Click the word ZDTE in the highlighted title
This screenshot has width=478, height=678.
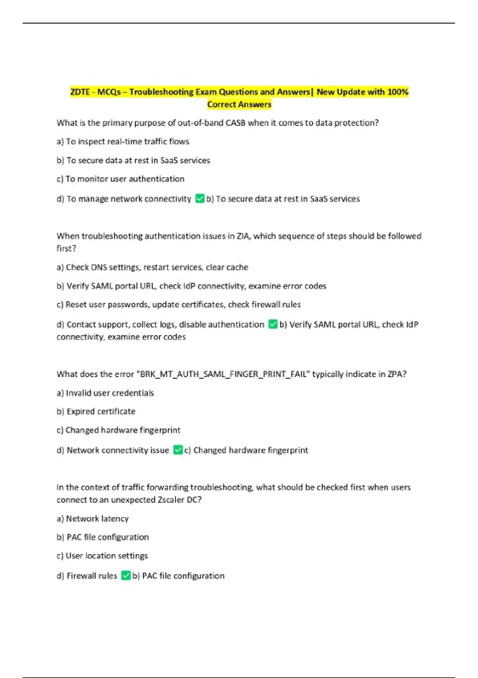click(x=80, y=92)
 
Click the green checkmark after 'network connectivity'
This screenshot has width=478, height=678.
click(x=200, y=199)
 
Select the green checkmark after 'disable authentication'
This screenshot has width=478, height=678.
click(x=273, y=324)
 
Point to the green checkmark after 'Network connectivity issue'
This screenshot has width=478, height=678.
click(x=178, y=450)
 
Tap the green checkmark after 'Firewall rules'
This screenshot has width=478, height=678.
click(x=126, y=576)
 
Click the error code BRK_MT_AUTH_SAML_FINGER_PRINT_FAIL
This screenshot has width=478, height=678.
click(x=223, y=374)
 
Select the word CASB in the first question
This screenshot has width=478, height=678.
click(x=235, y=123)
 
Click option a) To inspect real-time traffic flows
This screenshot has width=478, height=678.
click(x=123, y=142)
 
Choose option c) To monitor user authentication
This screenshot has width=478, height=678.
click(x=120, y=179)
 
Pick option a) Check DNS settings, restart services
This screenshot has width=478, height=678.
click(x=152, y=267)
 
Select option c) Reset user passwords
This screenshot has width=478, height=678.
click(x=178, y=305)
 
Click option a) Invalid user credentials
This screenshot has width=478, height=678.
click(x=105, y=393)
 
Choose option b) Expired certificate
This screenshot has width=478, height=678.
click(x=96, y=412)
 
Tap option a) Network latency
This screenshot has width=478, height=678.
click(x=92, y=518)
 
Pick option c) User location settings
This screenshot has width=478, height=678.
click(x=102, y=556)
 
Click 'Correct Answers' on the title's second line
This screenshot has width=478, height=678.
click(x=239, y=104)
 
